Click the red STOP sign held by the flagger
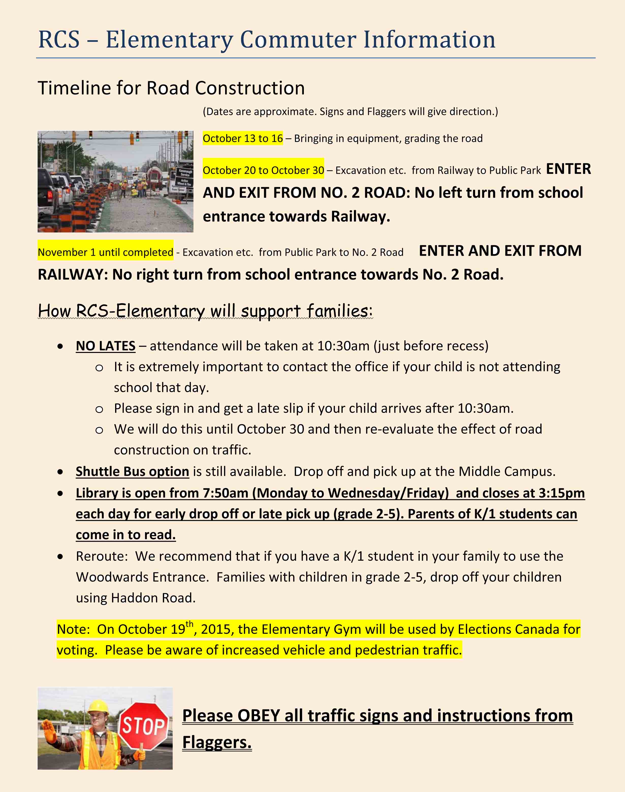pyautogui.click(x=144, y=725)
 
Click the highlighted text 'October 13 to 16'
pyautogui.click(x=243, y=139)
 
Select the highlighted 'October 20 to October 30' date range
pyautogui.click(x=263, y=170)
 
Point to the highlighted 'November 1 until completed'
pyautogui.click(x=105, y=252)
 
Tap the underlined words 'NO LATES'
pyautogui.click(x=105, y=346)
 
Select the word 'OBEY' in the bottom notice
pyautogui.click(x=258, y=716)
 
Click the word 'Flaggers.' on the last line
pyautogui.click(x=217, y=742)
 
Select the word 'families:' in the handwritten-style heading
pyautogui.click(x=340, y=311)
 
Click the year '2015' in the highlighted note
pyautogui.click(x=215, y=629)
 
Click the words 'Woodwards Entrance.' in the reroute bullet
pyautogui.click(x=142, y=577)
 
